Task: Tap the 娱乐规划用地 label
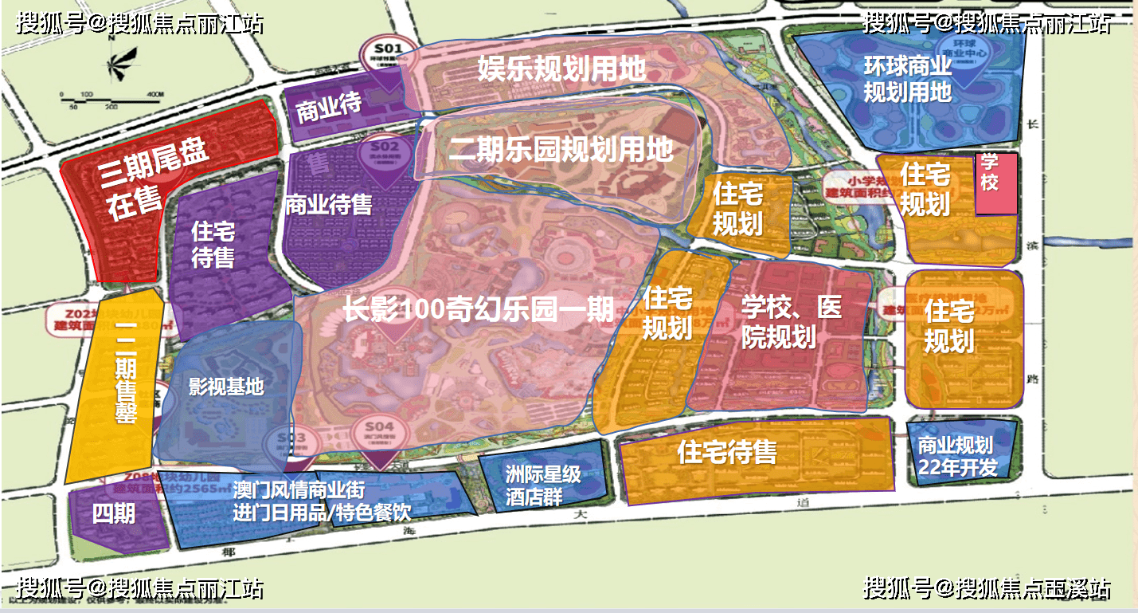click(x=561, y=68)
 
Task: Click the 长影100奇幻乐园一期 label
click(x=479, y=308)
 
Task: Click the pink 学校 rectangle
click(x=995, y=183)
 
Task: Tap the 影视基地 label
click(x=225, y=387)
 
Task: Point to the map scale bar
click(x=112, y=96)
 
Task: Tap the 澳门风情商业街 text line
click(x=299, y=489)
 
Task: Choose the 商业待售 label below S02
click(x=328, y=205)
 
